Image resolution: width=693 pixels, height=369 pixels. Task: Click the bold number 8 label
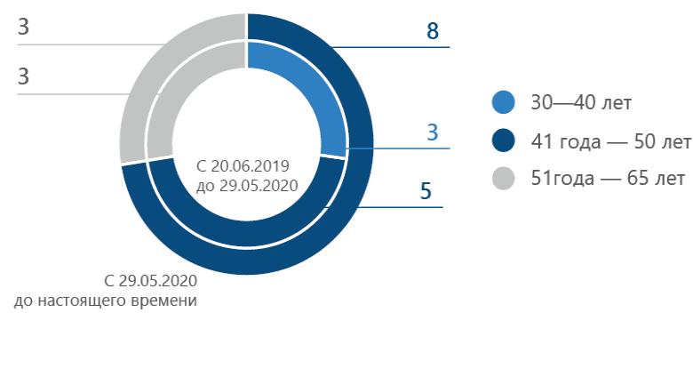point(433,32)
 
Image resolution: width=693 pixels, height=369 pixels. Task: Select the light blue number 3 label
point(433,133)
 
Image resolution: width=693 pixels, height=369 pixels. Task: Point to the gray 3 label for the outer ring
point(24,28)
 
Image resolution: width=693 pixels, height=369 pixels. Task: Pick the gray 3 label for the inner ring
point(24,77)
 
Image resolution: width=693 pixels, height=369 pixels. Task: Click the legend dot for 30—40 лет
point(504,102)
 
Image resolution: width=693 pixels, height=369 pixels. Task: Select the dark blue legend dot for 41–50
point(504,140)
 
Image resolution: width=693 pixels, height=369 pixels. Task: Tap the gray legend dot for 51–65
point(504,179)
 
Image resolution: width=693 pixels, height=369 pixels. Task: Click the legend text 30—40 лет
point(581,102)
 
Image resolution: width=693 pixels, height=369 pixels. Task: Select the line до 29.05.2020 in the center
point(245,187)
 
